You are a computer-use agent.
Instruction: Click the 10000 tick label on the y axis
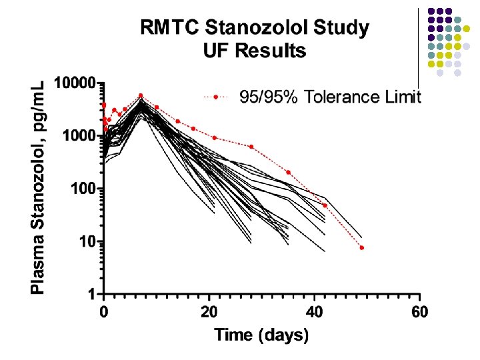pyautogui.click(x=74, y=84)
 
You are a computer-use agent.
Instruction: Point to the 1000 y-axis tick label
pyautogui.click(x=79, y=136)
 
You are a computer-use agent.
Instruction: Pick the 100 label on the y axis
pyautogui.click(x=83, y=189)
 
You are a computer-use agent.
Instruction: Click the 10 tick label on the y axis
pyautogui.click(x=87, y=241)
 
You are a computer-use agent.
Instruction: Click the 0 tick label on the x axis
pyautogui.click(x=104, y=311)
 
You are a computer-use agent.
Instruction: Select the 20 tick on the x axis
pyautogui.click(x=209, y=311)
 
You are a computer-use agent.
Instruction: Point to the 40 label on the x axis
pyautogui.click(x=315, y=311)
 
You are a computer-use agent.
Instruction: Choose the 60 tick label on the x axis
pyautogui.click(x=419, y=311)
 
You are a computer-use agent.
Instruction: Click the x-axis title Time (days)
pyautogui.click(x=261, y=335)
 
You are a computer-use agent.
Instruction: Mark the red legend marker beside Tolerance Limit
pyautogui.click(x=217, y=97)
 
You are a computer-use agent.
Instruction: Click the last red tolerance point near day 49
pyautogui.click(x=361, y=247)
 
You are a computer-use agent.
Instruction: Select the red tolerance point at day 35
pyautogui.click(x=288, y=172)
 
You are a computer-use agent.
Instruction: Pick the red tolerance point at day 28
pyautogui.click(x=251, y=147)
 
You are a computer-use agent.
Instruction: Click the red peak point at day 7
pyautogui.click(x=141, y=95)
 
